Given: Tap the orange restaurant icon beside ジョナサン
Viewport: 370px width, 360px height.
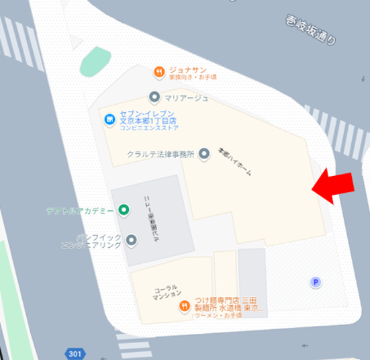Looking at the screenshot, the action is [x=159, y=71].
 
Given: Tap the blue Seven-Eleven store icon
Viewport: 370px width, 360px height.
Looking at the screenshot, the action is [x=109, y=120].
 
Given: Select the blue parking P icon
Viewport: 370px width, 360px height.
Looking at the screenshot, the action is [x=316, y=283].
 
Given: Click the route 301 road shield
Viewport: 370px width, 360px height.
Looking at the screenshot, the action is [x=75, y=353].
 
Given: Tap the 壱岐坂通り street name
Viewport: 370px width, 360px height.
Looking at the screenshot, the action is [x=310, y=31].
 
